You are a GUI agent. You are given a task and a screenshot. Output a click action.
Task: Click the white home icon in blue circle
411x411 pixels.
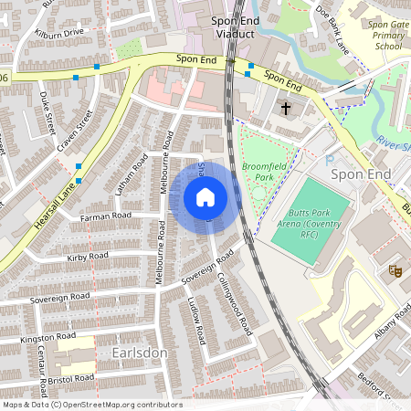[x=205, y=196]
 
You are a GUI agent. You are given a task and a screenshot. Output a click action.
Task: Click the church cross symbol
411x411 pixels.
[x=285, y=109]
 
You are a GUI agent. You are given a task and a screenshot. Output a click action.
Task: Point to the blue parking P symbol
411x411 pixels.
[x=329, y=159]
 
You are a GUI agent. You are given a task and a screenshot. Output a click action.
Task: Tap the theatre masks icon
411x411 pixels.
[x=395, y=270]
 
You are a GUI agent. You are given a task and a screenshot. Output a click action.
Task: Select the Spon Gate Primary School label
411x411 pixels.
[x=383, y=33]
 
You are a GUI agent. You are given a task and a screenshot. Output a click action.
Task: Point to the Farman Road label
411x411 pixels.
[x=107, y=216]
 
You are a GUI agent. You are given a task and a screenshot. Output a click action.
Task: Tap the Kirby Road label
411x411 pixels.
[x=88, y=258]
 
